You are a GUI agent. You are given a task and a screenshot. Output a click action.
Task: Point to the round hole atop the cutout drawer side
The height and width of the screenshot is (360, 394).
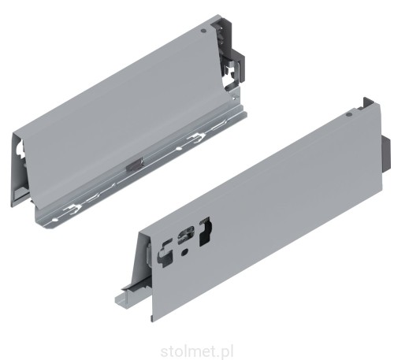click(x=348, y=115)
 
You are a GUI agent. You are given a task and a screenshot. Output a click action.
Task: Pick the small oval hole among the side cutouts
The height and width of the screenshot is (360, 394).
click(x=183, y=254)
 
